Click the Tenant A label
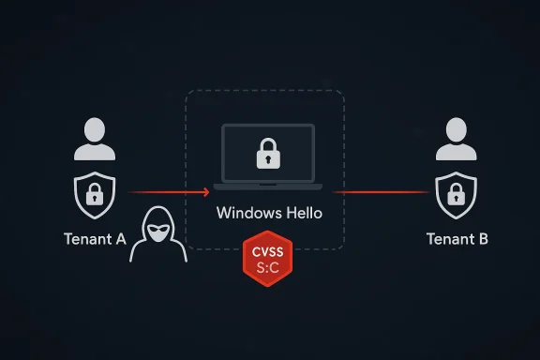click(94, 238)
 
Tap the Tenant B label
click(457, 238)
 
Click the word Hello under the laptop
click(300, 213)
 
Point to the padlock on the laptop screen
click(268, 155)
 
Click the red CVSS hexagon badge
click(268, 260)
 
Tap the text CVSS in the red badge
click(268, 251)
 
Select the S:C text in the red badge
click(268, 268)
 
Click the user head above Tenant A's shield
click(95, 130)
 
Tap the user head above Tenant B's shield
click(456, 130)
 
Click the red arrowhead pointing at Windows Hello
click(205, 193)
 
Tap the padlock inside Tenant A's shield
click(95, 196)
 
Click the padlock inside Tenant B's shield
click(456, 196)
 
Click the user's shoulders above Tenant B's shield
click(456, 153)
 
